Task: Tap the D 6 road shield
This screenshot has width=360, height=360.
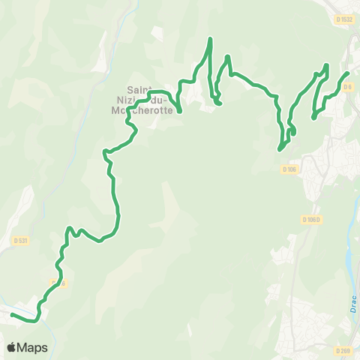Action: coord(346,88)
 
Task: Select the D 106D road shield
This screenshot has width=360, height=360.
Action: coord(312,220)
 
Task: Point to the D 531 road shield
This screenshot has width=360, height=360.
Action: coord(20,240)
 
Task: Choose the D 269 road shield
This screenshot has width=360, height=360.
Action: coord(343,350)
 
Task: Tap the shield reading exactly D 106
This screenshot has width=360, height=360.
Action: coord(290,169)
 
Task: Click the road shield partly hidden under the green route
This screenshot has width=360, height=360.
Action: coord(60,283)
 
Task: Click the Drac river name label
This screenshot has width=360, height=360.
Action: coord(353,304)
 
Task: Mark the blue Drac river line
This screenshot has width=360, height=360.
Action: coord(350,262)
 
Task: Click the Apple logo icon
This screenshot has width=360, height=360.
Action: coord(12,347)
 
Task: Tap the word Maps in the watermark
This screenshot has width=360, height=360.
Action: coord(32,347)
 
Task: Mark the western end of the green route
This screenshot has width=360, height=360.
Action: coord(13,315)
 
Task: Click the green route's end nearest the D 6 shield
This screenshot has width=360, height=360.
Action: coord(347,73)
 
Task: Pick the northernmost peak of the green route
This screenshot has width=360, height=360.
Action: coord(211,38)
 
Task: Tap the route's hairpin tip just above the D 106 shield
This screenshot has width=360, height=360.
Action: coord(280,148)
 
